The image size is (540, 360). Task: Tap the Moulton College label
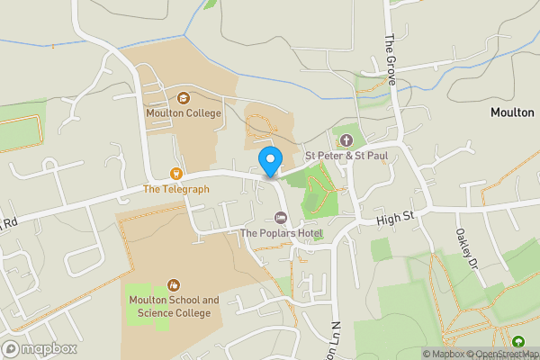184,113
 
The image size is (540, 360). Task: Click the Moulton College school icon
184,98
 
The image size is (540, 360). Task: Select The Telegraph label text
175,189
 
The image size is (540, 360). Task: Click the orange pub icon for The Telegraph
176,173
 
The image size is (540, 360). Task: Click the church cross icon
346,139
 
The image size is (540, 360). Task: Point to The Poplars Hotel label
281,234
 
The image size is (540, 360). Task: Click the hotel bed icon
280,219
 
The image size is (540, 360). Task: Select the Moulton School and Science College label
173,306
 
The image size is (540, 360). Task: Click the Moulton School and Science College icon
173,284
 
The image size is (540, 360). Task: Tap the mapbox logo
40,348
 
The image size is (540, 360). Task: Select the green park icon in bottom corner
518,342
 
